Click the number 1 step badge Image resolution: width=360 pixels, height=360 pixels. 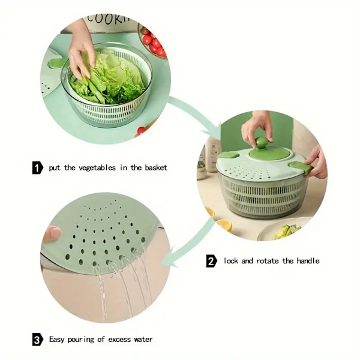[37, 167]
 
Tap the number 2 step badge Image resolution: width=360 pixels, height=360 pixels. [211, 261]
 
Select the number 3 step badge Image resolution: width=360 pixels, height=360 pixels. [38, 340]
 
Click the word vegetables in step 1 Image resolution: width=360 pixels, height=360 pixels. [97, 168]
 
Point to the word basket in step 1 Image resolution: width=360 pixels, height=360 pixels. [156, 167]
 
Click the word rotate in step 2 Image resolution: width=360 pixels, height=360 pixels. [267, 261]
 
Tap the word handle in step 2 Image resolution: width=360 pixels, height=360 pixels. [308, 260]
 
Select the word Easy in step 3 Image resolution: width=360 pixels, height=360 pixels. [57, 340]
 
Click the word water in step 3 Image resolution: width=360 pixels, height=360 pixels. [143, 340]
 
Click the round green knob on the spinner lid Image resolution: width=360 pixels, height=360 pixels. [262, 142]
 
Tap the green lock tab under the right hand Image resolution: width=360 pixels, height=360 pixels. [301, 167]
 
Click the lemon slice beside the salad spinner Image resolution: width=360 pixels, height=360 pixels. [224, 225]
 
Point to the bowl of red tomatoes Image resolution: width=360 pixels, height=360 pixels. [152, 43]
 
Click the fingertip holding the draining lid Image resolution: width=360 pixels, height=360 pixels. [52, 233]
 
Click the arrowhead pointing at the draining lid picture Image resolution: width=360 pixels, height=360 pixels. [169, 258]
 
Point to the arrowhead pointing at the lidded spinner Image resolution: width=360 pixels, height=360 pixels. [212, 132]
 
